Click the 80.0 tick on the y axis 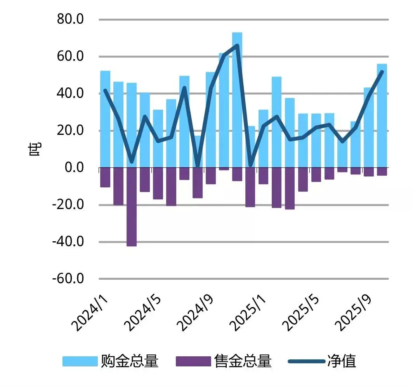tap(70, 19)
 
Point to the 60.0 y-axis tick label tap(70, 57)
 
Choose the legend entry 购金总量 tap(130, 361)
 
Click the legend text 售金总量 tap(243, 361)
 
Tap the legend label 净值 tap(342, 361)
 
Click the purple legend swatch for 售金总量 tap(193, 361)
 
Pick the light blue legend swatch tap(80, 361)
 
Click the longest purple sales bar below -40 tap(132, 207)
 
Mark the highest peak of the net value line tap(237, 45)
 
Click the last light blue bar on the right tap(382, 116)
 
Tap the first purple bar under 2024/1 tap(105, 177)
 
